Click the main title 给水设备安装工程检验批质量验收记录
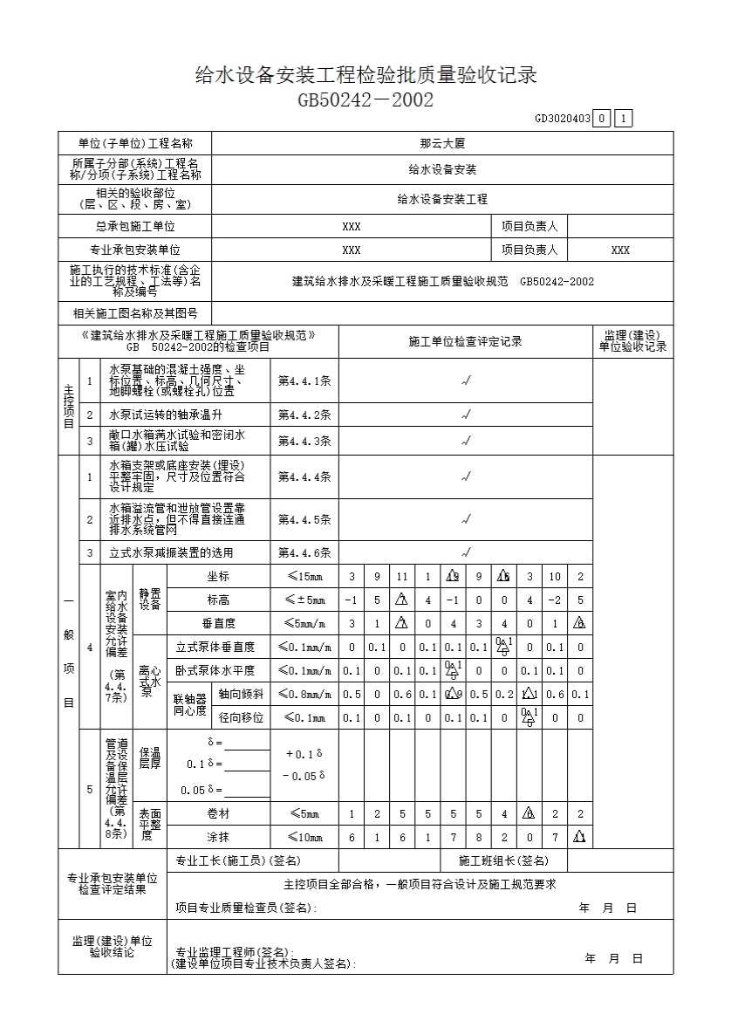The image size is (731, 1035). [x=365, y=76]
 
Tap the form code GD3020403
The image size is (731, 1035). [x=563, y=119]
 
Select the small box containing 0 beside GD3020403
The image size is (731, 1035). [x=602, y=119]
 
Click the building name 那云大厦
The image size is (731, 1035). [x=442, y=143]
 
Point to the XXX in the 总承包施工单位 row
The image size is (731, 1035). [x=352, y=226]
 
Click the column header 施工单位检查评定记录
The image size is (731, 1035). [x=465, y=341]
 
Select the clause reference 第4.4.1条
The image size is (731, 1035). [x=304, y=381]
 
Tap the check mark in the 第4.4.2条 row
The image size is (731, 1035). [x=466, y=415]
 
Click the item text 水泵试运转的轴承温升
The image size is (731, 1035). [x=166, y=415]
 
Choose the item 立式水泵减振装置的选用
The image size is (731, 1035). [x=171, y=552]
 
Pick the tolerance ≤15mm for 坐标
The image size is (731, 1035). [x=304, y=577]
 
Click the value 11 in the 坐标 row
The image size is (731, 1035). [x=402, y=577]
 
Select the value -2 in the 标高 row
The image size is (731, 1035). [x=555, y=600]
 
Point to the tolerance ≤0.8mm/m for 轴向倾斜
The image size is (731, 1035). [x=304, y=695]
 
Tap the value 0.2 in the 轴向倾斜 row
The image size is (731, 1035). [x=504, y=695]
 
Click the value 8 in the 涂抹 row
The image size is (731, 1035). [x=479, y=838]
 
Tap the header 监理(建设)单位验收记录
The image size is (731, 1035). [x=632, y=341]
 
